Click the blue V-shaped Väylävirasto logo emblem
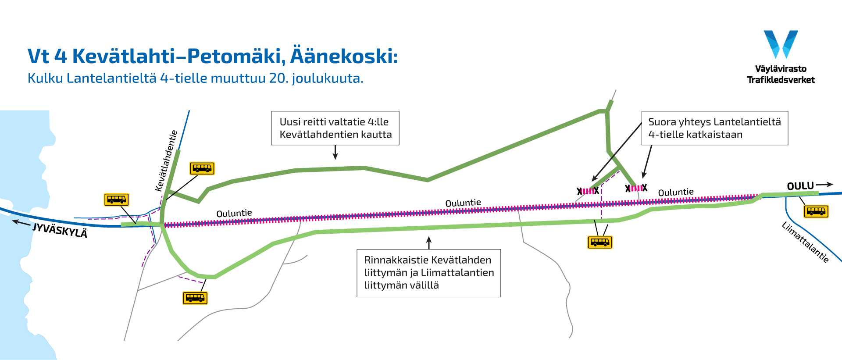[x=781, y=44]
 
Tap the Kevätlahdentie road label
[x=167, y=161]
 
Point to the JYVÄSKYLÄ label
[x=60, y=230]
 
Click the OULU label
[x=800, y=186]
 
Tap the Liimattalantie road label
[x=805, y=242]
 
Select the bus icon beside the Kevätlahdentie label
[x=202, y=168]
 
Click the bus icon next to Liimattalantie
[x=816, y=211]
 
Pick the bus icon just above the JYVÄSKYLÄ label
[x=116, y=200]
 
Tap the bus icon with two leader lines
[x=599, y=242]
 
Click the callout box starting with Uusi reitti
[x=335, y=128]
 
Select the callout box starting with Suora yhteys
[x=714, y=128]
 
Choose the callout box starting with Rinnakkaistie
[x=428, y=273]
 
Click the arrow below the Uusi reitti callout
[x=335, y=152]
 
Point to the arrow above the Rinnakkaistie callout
[x=429, y=242]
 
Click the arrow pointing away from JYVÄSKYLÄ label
[x=21, y=223]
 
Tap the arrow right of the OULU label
[x=824, y=185]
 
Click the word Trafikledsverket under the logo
[x=781, y=80]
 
